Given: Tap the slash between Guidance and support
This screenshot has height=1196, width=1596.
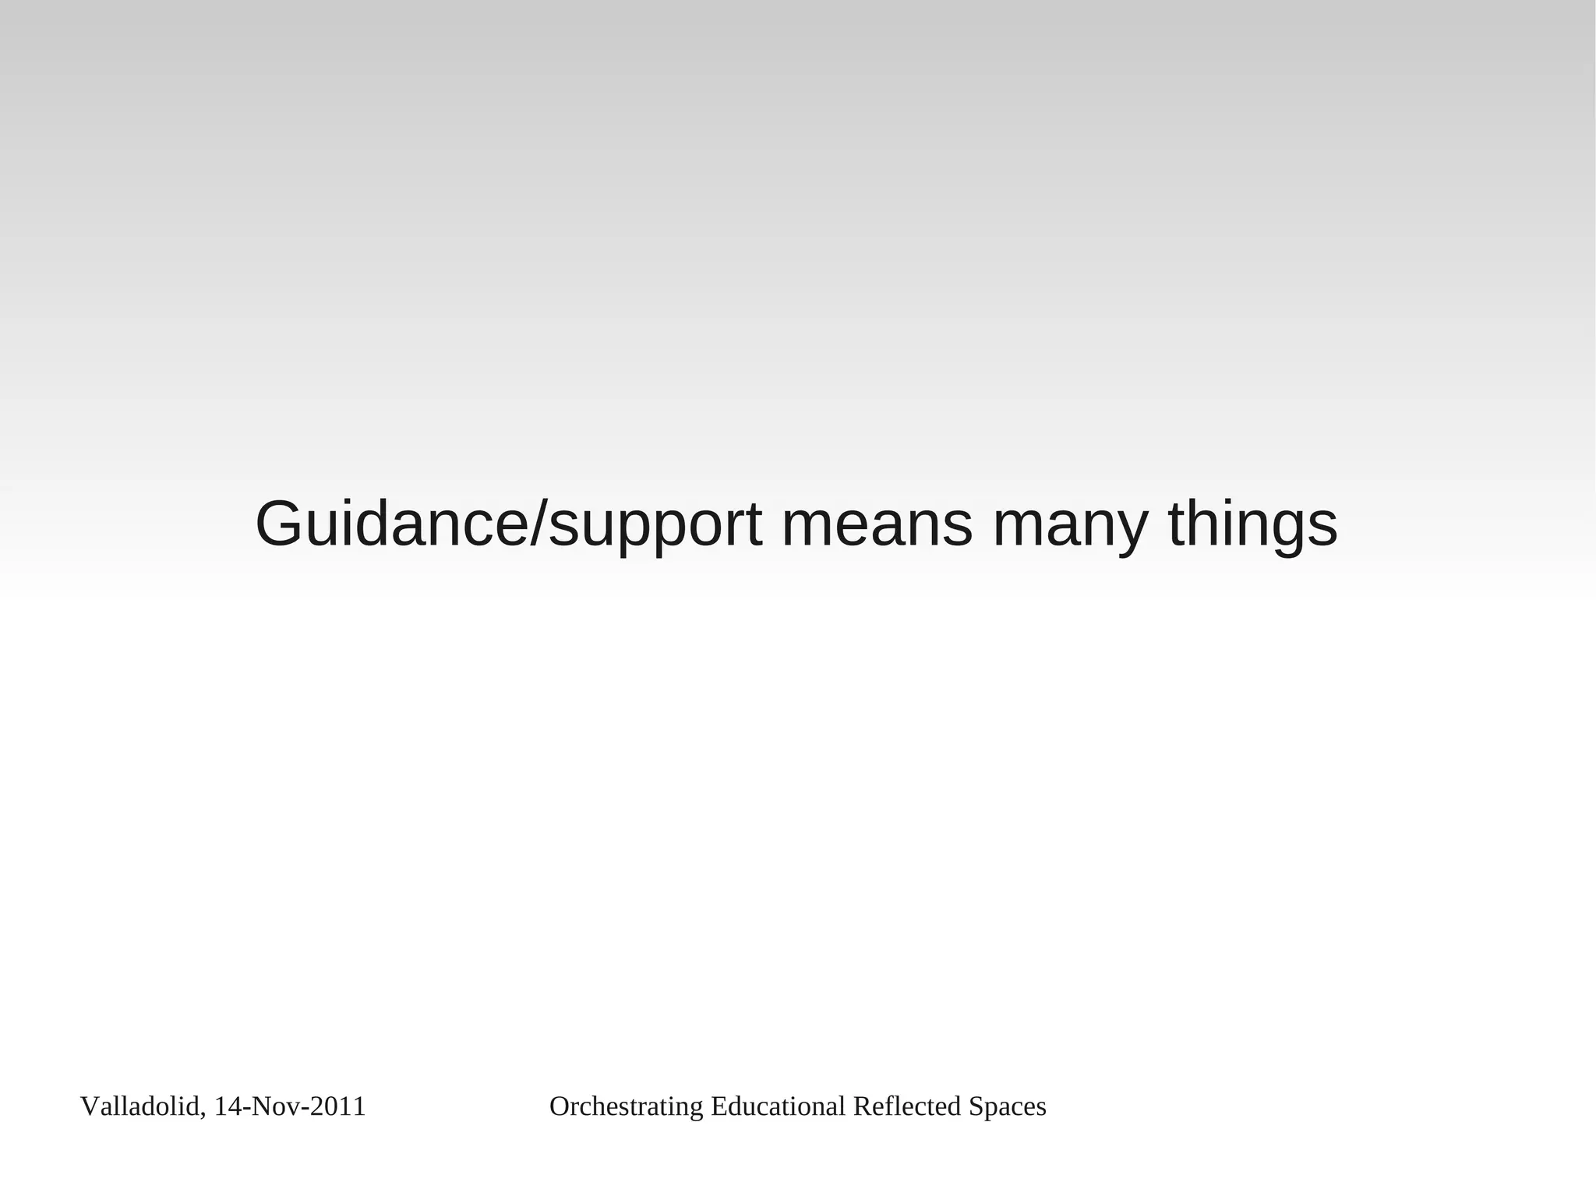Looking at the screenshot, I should click(538, 524).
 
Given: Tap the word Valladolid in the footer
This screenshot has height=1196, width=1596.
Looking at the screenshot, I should click(139, 1106).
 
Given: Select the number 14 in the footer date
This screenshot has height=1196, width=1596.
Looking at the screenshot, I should click(227, 1106).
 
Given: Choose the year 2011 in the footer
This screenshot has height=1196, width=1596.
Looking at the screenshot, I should click(337, 1106).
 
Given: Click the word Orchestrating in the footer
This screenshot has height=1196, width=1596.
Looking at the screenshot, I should click(626, 1106).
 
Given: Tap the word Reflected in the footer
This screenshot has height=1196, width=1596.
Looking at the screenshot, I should click(907, 1106).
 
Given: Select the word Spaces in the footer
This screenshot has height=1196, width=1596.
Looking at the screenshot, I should click(1007, 1107).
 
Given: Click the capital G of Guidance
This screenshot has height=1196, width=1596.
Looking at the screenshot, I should click(280, 524).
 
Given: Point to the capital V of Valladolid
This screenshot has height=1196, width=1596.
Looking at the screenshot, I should click(88, 1106).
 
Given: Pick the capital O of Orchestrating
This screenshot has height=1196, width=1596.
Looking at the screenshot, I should click(559, 1106).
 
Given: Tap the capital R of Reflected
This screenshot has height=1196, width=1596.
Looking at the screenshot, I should click(860, 1106).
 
